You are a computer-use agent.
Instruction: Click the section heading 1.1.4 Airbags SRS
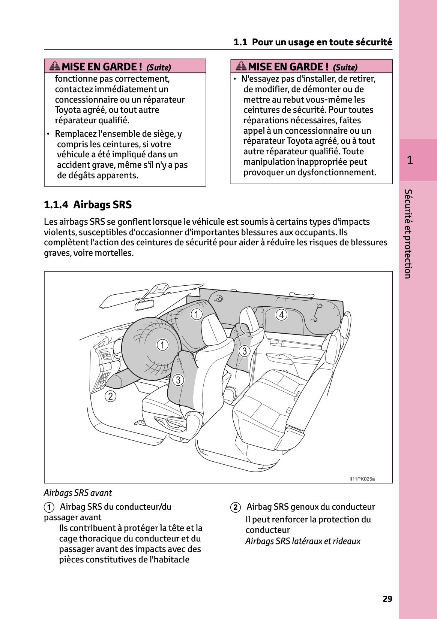tap(88, 205)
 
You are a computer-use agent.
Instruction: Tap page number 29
tap(387, 599)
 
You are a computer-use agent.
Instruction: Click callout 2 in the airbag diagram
tap(110, 396)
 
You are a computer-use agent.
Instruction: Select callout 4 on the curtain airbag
tap(281, 315)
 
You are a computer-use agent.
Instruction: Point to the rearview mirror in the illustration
tap(144, 304)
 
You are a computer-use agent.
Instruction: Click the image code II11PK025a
tap(362, 479)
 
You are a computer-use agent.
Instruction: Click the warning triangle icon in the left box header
tap(55, 66)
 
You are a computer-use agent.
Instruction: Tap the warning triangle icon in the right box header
tap(241, 66)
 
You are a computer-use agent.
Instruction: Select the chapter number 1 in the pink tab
tap(410, 160)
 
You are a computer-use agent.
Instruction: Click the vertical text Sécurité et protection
tap(408, 234)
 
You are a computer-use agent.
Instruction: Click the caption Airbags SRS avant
tap(78, 493)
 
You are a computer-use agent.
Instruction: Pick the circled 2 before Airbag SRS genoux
tap(235, 507)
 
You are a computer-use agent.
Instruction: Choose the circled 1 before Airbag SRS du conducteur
tap(49, 507)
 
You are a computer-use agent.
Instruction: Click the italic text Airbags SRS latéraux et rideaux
tap(303, 541)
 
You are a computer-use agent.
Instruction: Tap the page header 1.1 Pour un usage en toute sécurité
tap(312, 42)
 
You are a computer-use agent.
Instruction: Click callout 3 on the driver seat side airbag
tap(178, 380)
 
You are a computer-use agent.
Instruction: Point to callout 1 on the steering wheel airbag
tap(162, 345)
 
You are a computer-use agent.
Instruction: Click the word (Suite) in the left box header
tap(159, 67)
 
